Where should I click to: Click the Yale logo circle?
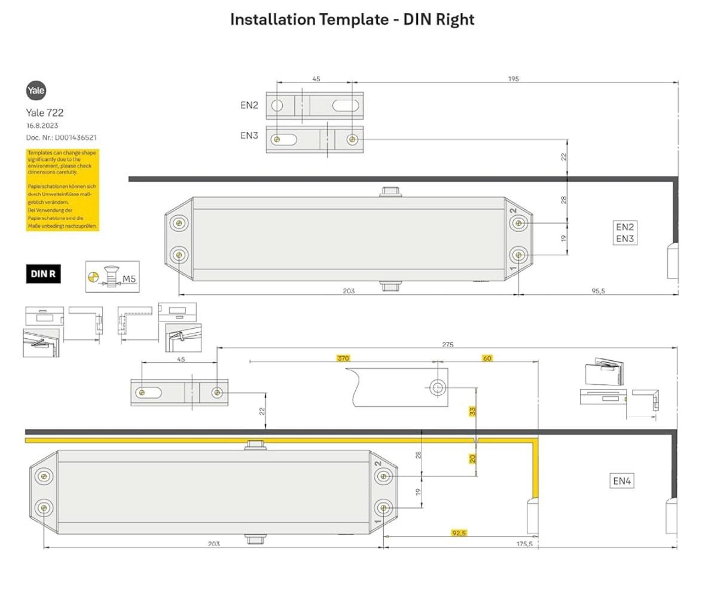tap(36, 91)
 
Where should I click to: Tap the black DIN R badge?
tap(43, 274)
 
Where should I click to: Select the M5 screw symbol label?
tap(129, 278)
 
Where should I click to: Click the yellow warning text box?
tap(62, 190)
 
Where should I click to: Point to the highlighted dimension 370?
tap(343, 359)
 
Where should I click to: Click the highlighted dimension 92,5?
tap(459, 533)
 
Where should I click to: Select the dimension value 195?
tap(513, 79)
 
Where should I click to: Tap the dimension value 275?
tap(448, 344)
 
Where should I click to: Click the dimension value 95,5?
tap(598, 291)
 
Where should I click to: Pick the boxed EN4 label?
tap(621, 481)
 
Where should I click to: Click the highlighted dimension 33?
tap(472, 411)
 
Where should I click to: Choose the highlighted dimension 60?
tap(487, 359)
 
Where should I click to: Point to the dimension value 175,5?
tap(524, 544)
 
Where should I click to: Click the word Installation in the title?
tap(273, 20)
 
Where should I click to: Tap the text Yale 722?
tap(45, 112)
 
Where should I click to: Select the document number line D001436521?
tap(62, 137)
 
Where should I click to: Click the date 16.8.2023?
tap(42, 125)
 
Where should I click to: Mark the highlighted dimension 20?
tap(472, 458)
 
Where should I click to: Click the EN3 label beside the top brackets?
tap(249, 136)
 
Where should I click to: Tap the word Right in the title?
tap(455, 20)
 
